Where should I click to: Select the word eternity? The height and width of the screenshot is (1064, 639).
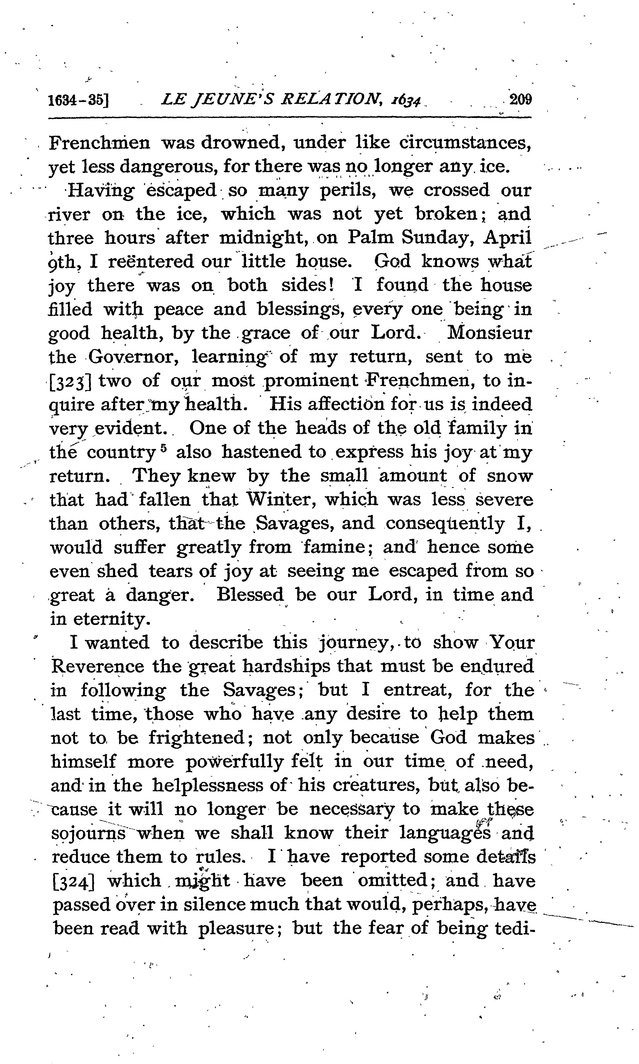coord(112,619)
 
